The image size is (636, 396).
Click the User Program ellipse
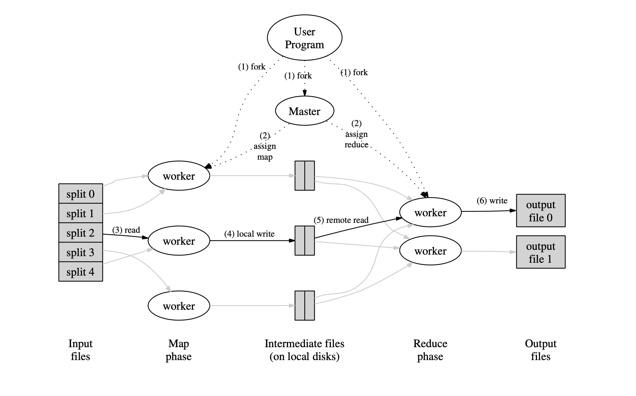(x=304, y=38)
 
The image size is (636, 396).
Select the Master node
(x=304, y=111)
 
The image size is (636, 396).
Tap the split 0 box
(x=80, y=194)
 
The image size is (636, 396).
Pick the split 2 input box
(x=80, y=233)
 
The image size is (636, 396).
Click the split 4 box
(x=80, y=272)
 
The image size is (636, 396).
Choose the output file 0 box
(x=540, y=211)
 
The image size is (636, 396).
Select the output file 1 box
(x=540, y=252)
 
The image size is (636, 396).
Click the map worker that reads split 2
(x=179, y=241)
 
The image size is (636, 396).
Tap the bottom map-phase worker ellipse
(x=179, y=306)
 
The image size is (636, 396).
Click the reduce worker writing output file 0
(x=430, y=212)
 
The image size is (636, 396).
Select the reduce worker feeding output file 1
(x=430, y=251)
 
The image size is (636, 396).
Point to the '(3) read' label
(x=126, y=230)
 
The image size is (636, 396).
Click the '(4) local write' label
(x=249, y=234)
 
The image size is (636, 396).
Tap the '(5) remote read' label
(x=341, y=220)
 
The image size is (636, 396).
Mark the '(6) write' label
(x=492, y=200)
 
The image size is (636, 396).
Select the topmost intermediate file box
(x=305, y=176)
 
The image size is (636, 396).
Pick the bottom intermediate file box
(x=305, y=306)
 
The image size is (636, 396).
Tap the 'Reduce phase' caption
(x=430, y=350)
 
